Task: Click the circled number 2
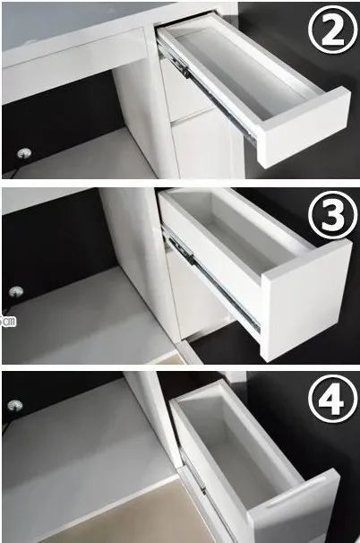pyautogui.click(x=332, y=29)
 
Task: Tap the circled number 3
pyautogui.click(x=332, y=215)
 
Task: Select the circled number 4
pyautogui.click(x=332, y=400)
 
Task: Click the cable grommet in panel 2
pyautogui.click(x=24, y=152)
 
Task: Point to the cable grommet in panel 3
pyautogui.click(x=16, y=291)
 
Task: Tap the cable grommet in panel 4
pyautogui.click(x=15, y=406)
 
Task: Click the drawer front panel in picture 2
pyautogui.click(x=304, y=127)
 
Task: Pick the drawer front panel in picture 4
pyautogui.click(x=295, y=507)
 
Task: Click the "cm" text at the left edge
pyautogui.click(x=8, y=322)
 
